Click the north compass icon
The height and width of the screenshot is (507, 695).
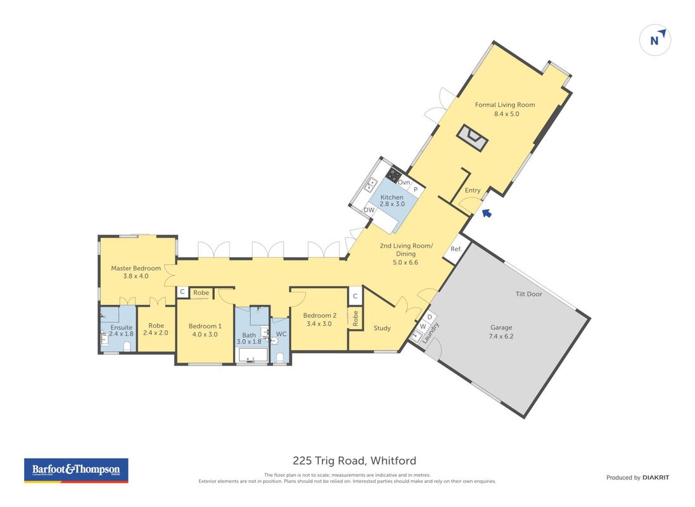point(654,40)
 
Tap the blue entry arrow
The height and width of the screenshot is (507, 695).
point(487,214)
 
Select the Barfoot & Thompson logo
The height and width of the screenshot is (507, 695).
point(76,471)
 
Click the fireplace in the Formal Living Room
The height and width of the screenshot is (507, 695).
point(473,138)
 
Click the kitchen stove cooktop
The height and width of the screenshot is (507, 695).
point(393,174)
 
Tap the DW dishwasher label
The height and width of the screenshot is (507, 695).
point(369,210)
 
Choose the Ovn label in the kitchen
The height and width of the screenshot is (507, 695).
point(404,183)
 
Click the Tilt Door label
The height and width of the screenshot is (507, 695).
point(529,293)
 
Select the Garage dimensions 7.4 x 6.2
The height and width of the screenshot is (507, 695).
point(501,337)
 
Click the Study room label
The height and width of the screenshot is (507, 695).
point(382,328)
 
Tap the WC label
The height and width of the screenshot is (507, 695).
point(281,334)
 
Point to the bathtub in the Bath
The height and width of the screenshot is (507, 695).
point(253,355)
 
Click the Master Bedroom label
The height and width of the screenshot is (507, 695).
point(136,268)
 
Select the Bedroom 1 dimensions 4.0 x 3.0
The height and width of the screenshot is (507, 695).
point(205,335)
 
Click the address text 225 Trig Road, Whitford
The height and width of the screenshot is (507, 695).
point(355,461)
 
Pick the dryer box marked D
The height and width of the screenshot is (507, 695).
point(430,318)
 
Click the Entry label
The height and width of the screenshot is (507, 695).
point(473,190)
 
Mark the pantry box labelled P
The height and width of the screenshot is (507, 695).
point(416,189)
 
